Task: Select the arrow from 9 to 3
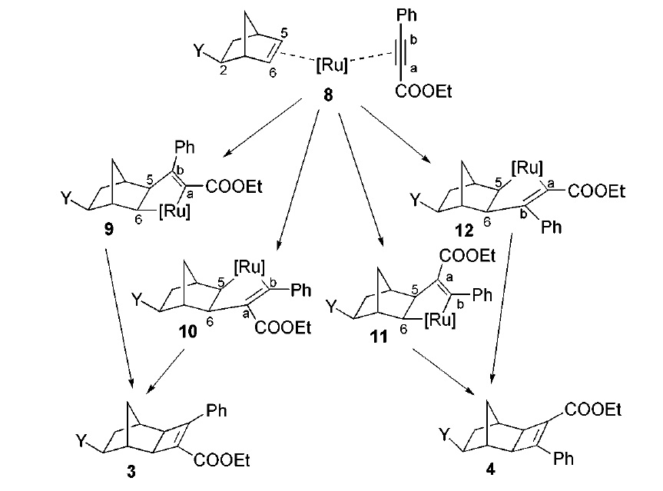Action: point(118,314)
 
